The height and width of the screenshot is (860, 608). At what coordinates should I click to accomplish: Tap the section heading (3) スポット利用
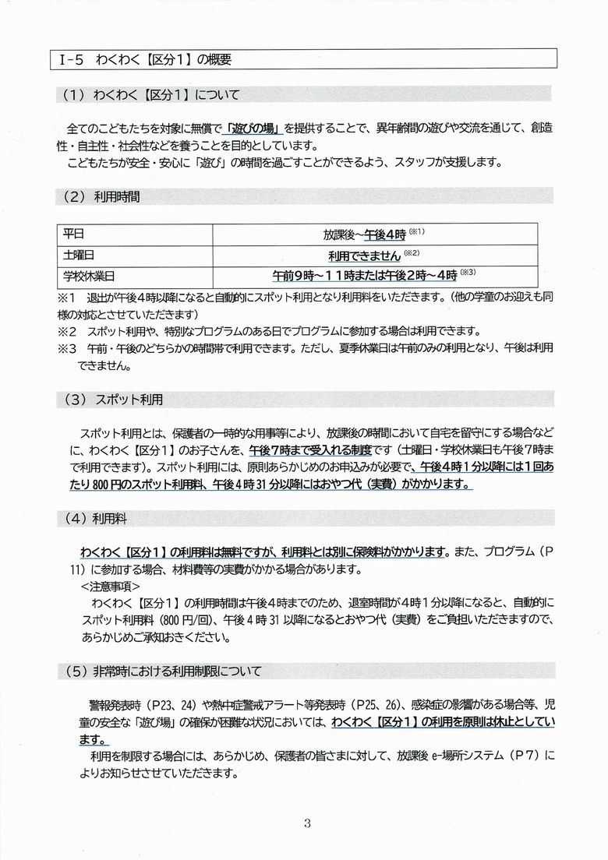point(108,400)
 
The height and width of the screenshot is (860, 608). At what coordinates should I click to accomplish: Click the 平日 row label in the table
point(73,234)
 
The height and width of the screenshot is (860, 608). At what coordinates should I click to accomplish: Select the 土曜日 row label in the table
point(79,255)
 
